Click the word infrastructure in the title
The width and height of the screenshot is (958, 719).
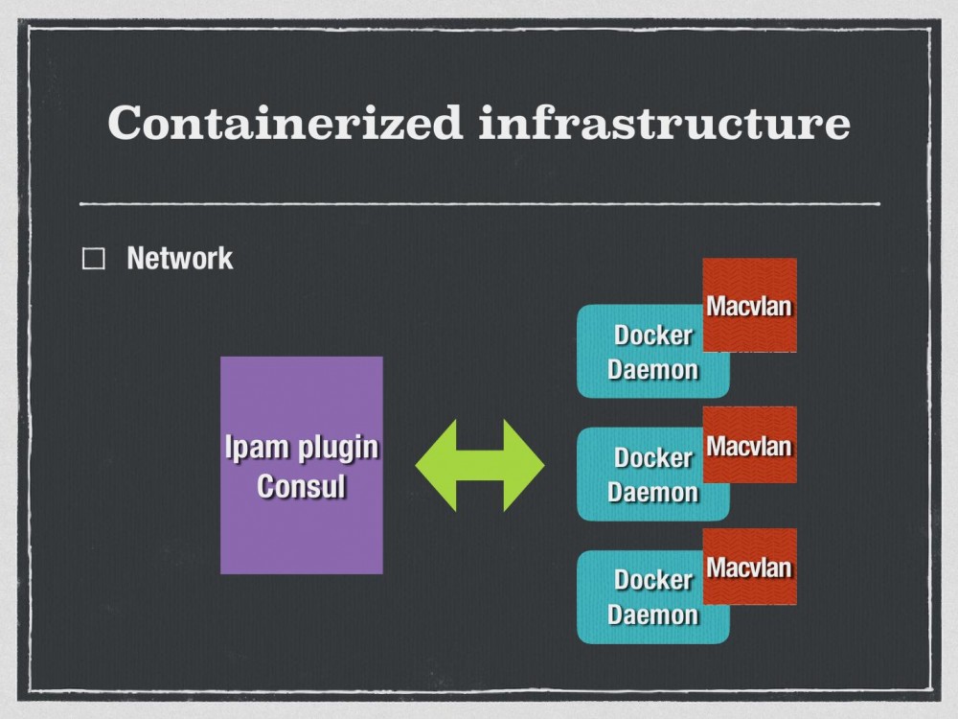(x=664, y=123)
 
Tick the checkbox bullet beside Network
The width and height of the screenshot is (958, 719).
(x=94, y=260)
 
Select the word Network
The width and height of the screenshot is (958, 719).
(x=179, y=258)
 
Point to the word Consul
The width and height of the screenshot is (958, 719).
(x=301, y=486)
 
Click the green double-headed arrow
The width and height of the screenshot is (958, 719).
(x=479, y=465)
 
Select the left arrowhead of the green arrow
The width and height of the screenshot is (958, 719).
(x=436, y=465)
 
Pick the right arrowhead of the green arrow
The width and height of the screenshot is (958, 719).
(x=524, y=465)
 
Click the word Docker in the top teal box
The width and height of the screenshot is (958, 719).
(x=652, y=336)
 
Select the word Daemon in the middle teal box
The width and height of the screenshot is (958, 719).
(x=652, y=492)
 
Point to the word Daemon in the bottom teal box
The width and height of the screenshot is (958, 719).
(x=652, y=614)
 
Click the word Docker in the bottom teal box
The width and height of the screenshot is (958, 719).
(x=652, y=580)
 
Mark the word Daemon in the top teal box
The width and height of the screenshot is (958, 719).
(x=652, y=370)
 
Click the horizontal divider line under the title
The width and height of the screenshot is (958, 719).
(x=479, y=203)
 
